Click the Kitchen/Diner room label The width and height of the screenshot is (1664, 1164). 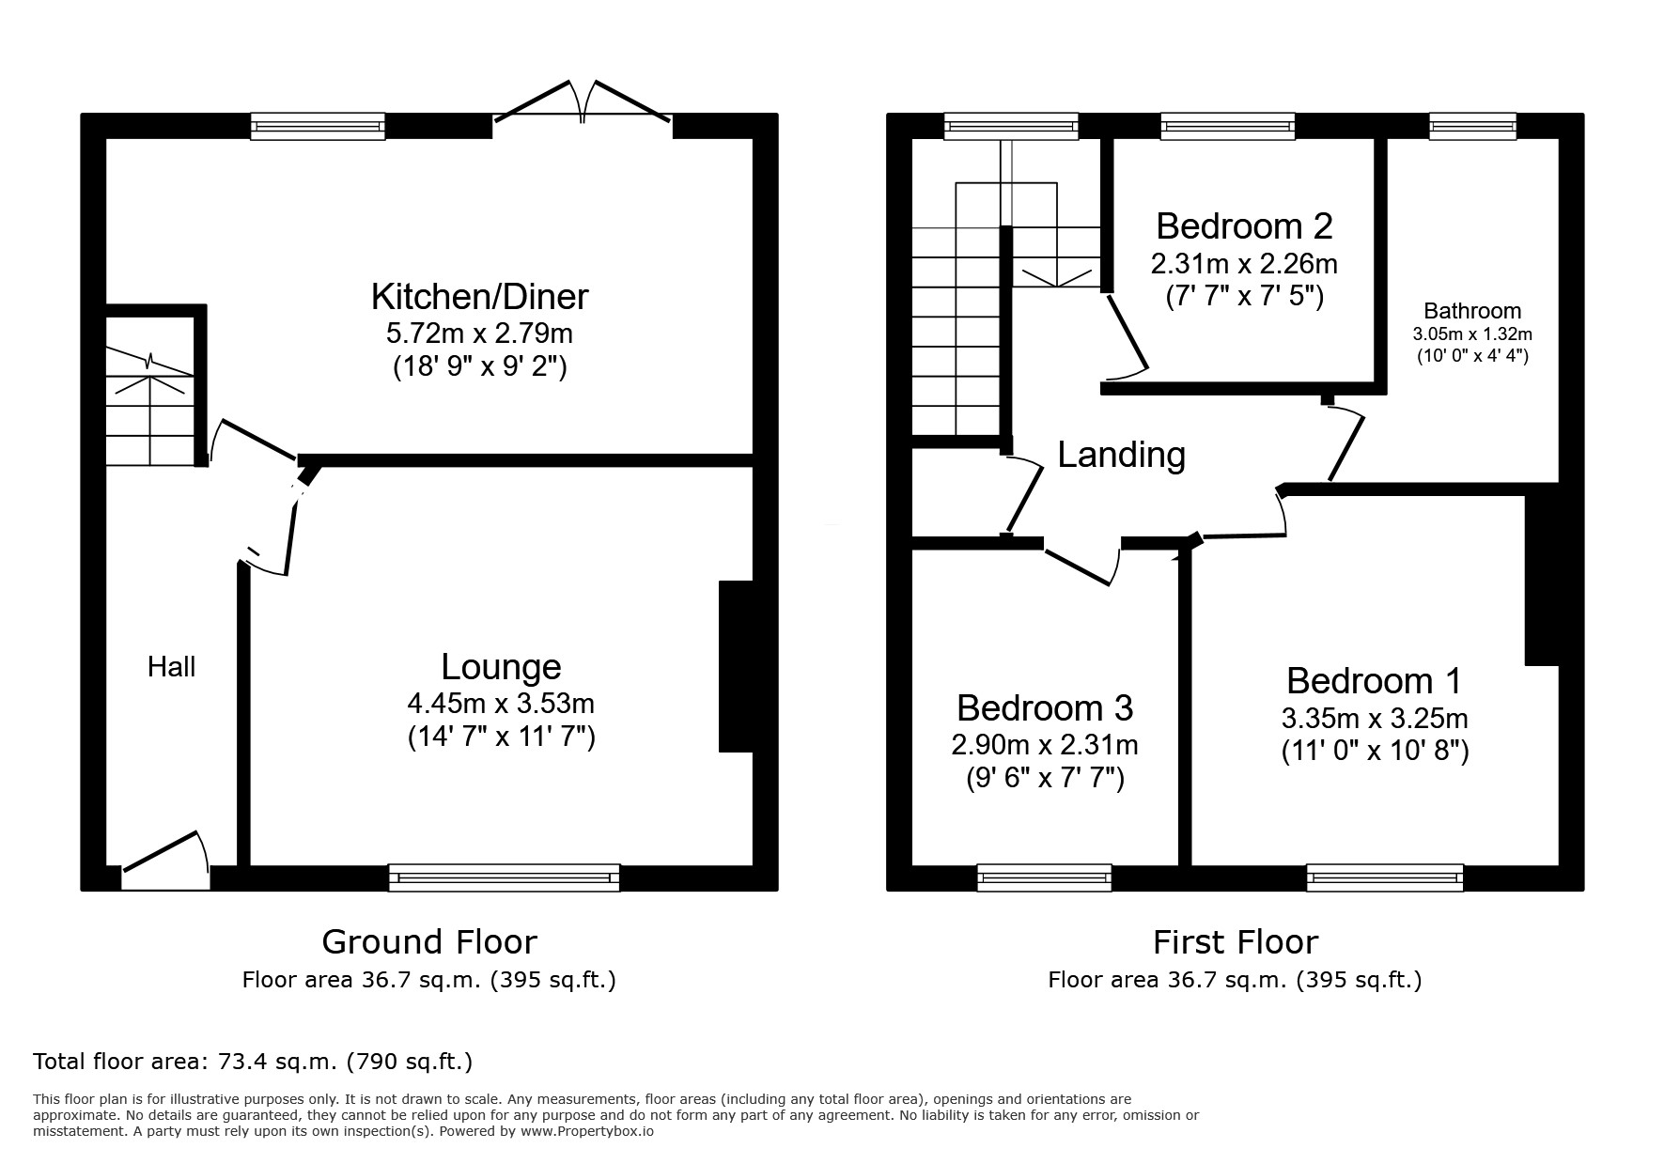click(479, 297)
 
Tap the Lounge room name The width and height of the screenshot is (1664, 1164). click(501, 667)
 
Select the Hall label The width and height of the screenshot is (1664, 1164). click(172, 667)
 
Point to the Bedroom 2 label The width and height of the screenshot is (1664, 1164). click(1244, 226)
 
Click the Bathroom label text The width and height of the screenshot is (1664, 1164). click(1472, 311)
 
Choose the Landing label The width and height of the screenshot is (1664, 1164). click(1122, 455)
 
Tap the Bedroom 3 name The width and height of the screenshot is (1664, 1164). click(1045, 707)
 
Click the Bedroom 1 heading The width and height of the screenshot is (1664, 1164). click(1375, 681)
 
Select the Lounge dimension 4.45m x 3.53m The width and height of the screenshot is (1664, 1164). click(501, 704)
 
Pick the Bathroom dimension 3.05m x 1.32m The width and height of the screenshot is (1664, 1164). click(1472, 334)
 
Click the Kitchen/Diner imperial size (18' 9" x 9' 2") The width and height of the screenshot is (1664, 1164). click(479, 366)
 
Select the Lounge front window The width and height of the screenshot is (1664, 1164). click(505, 877)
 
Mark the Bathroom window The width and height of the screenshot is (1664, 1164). click(1472, 127)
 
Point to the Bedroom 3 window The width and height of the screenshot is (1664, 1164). click(1045, 877)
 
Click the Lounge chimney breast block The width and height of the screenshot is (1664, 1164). click(736, 667)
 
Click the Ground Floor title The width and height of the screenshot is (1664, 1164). click(429, 941)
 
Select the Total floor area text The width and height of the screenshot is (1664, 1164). click(253, 1062)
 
